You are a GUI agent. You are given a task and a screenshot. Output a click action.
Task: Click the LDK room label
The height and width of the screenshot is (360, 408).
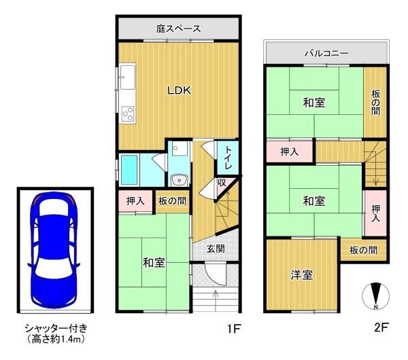(179, 90)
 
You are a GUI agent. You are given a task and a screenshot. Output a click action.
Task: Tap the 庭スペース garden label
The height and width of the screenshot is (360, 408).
(178, 29)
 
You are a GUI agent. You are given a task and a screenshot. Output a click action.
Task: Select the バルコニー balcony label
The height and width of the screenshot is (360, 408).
(326, 54)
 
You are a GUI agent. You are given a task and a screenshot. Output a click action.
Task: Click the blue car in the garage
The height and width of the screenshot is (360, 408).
(54, 250)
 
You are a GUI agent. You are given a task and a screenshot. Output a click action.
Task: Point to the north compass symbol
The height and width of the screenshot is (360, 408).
(376, 296)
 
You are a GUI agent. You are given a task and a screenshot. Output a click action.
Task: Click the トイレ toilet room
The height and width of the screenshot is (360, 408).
(228, 158)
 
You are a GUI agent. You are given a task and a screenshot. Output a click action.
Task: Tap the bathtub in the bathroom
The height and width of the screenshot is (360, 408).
(129, 170)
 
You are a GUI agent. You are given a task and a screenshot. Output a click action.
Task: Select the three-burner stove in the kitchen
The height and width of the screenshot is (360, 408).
(128, 114)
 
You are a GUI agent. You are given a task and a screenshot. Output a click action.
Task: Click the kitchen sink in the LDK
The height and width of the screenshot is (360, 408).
(128, 77)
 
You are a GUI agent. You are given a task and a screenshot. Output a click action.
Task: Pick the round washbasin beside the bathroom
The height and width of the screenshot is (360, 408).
(179, 180)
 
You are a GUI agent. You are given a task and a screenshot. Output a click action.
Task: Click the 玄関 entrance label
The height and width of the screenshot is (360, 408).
(216, 249)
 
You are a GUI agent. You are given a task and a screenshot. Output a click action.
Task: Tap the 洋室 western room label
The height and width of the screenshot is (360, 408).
(302, 274)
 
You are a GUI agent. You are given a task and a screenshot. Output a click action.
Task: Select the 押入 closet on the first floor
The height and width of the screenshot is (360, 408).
(135, 201)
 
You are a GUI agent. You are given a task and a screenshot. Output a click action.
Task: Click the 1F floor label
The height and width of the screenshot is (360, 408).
(234, 329)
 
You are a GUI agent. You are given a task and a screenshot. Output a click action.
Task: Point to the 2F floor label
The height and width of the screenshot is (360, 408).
(381, 327)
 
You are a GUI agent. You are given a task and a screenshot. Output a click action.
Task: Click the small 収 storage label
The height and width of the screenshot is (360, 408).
(222, 183)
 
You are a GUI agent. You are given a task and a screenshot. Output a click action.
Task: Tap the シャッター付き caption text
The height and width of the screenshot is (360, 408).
(56, 328)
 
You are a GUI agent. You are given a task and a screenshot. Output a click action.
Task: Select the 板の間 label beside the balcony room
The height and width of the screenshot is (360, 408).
(375, 102)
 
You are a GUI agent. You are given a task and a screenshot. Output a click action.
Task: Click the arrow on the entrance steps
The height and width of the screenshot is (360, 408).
(216, 300)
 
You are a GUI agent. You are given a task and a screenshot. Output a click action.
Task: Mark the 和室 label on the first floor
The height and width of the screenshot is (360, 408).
(154, 262)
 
